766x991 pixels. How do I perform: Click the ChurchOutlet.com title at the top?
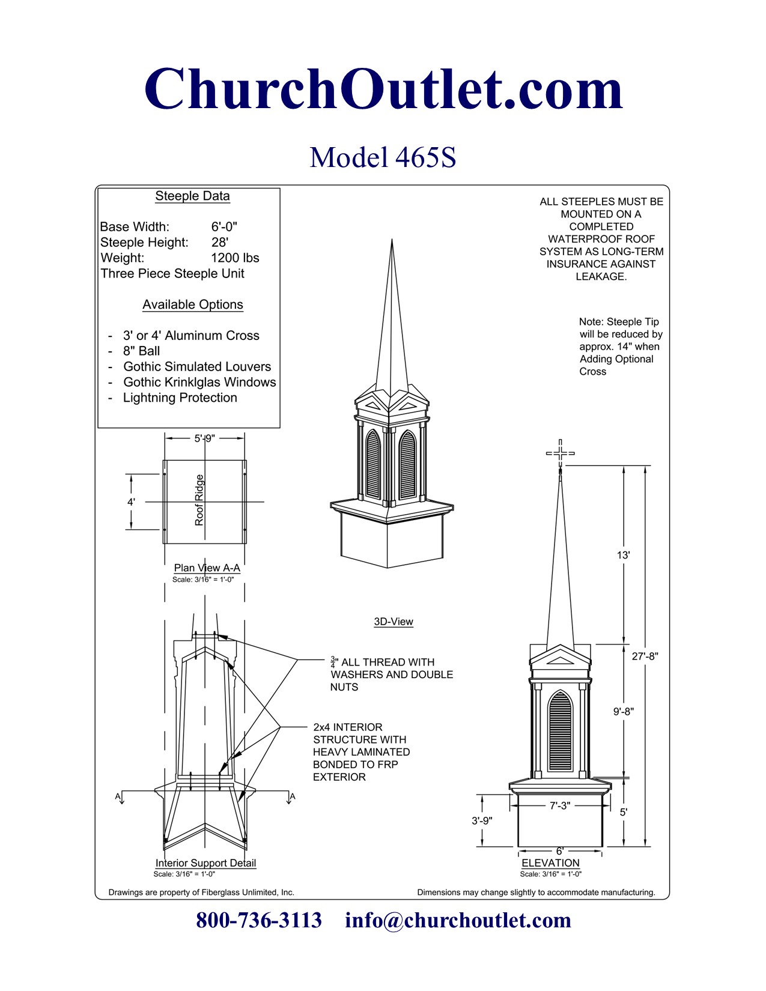(x=383, y=89)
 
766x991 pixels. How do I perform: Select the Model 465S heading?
(x=383, y=157)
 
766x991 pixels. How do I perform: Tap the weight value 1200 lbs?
(x=235, y=258)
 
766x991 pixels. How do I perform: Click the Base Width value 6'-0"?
(x=224, y=227)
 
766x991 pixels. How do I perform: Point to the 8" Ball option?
(x=141, y=351)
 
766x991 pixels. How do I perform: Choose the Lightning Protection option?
(x=180, y=398)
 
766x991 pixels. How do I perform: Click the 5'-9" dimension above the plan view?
(x=204, y=438)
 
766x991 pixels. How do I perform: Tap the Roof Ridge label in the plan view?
(x=199, y=500)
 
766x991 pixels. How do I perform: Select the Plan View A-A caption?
(x=207, y=568)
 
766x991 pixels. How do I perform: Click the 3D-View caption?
(x=394, y=622)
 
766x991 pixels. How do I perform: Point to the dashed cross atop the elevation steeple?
(x=560, y=453)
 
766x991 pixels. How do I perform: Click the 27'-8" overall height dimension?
(x=645, y=656)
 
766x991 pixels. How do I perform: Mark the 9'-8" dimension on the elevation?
(x=624, y=712)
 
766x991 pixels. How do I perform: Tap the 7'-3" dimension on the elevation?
(x=559, y=805)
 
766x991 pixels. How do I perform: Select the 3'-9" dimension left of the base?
(x=482, y=820)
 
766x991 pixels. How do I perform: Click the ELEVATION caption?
(x=550, y=863)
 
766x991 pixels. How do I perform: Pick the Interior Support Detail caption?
(x=205, y=863)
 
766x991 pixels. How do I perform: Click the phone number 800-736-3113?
(x=259, y=920)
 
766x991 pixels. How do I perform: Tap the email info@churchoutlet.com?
(x=458, y=920)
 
